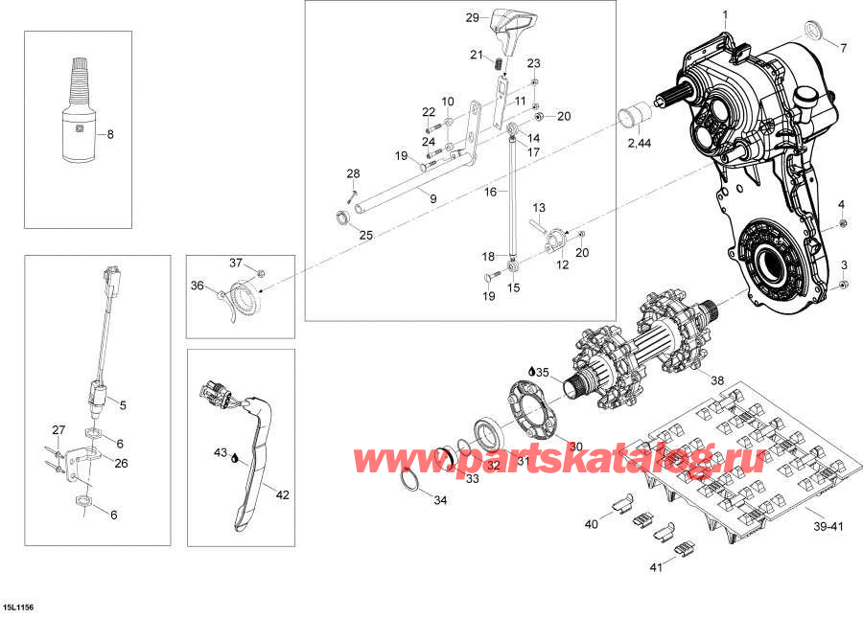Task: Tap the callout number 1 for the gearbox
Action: click(x=725, y=14)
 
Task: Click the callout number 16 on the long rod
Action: click(x=490, y=192)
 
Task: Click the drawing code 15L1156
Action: click(x=19, y=607)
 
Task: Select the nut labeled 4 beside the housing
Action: click(x=842, y=224)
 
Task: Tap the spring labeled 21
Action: click(x=500, y=65)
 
